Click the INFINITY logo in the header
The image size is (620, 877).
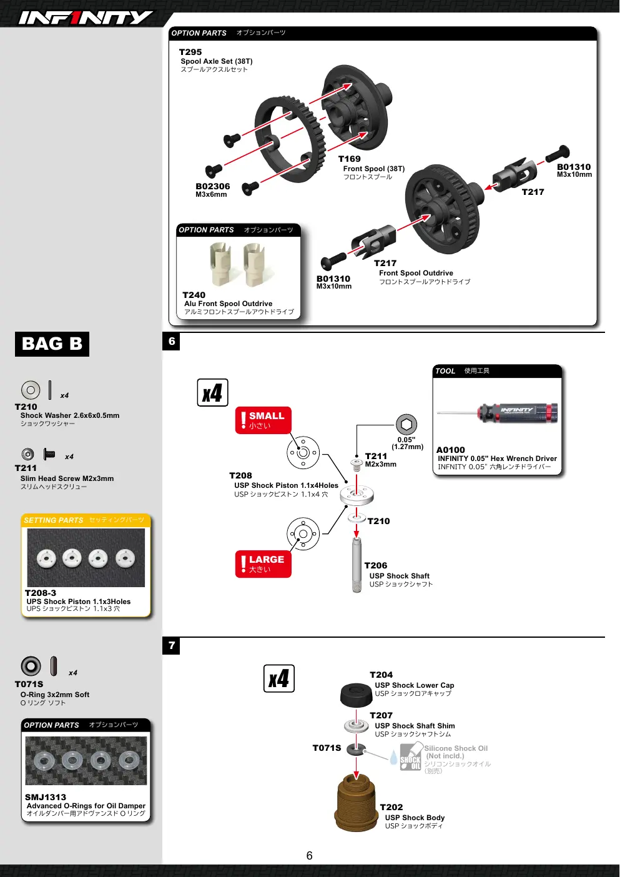coord(86,17)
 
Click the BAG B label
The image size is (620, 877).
coord(52,344)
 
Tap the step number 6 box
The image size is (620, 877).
coord(171,342)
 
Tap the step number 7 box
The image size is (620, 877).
coord(171,646)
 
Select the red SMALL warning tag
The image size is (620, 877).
coord(263,420)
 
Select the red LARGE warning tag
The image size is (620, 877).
coord(263,564)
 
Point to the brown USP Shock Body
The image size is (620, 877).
coord(356,803)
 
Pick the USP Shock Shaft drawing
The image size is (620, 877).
coord(357,565)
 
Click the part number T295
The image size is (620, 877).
coord(190,52)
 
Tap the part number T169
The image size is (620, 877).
coord(350,159)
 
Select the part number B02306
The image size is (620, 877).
coord(213,186)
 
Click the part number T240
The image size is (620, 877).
coord(194,295)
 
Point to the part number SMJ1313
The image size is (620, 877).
coord(46,797)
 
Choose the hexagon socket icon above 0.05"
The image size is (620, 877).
coord(406,424)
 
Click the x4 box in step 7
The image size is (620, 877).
coord(278,678)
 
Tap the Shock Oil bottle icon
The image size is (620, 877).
coord(410,758)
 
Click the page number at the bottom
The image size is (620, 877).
coord(309,856)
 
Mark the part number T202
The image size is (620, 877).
coord(391,807)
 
